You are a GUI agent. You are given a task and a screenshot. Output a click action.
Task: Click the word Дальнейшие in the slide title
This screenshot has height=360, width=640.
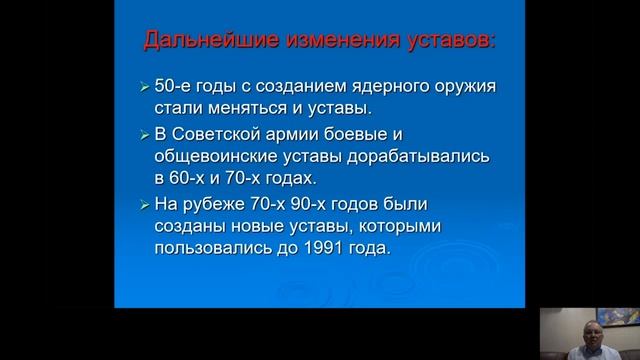pos(196,43)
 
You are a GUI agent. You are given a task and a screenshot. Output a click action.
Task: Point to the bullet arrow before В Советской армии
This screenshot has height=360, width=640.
pos(145,134)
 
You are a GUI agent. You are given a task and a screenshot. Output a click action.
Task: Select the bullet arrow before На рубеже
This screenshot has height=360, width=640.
pos(145,205)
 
